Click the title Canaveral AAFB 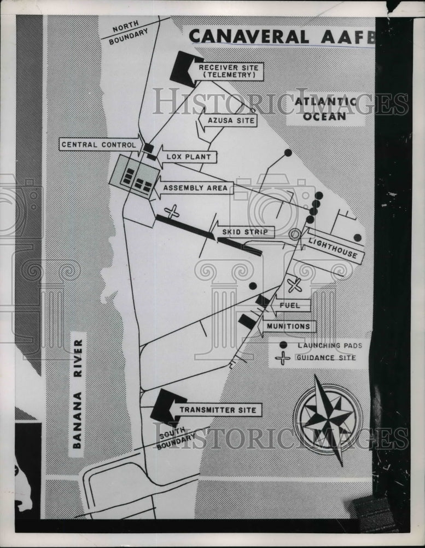[282, 37]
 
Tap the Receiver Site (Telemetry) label [229, 71]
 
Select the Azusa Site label [231, 121]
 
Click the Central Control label [99, 145]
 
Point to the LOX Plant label [188, 157]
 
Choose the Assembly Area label [195, 188]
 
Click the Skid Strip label [245, 232]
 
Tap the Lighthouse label [333, 248]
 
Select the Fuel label [290, 305]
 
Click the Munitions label [288, 327]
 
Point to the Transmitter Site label [218, 410]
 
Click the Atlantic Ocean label [325, 109]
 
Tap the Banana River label [78, 394]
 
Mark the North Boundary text [127, 32]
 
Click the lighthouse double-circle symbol [295, 235]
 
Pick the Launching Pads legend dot [283, 345]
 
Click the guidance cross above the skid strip [172, 212]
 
